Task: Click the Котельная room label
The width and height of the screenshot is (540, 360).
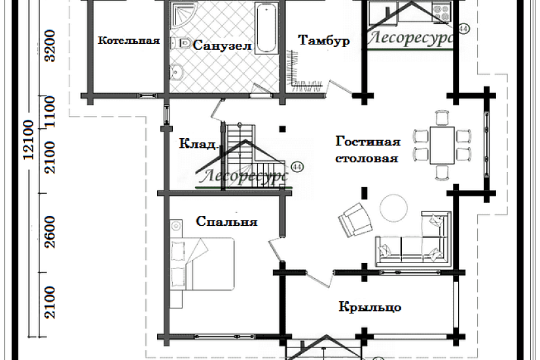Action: point(129,41)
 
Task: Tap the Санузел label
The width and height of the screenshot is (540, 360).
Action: point(222,45)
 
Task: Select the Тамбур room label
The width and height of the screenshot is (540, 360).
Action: point(324,41)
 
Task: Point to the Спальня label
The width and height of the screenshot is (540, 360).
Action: point(226,221)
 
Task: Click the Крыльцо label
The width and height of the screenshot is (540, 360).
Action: point(370,306)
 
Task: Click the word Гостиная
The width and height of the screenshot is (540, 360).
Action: point(368,141)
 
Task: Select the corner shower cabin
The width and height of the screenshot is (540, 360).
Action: point(183,14)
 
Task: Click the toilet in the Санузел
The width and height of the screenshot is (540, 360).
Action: point(182,43)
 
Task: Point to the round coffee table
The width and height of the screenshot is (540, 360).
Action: point(393,208)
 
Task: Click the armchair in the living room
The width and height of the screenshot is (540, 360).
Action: point(355,219)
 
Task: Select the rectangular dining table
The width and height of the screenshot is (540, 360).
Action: point(442,145)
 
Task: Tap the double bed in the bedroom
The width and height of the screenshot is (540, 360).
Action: point(202,264)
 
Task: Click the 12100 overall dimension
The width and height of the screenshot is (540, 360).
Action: point(29,139)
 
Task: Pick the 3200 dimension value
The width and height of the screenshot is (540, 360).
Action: point(50,46)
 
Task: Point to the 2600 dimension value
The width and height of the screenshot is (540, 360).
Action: point(50,232)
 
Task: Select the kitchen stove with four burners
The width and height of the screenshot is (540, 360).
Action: point(442,12)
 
